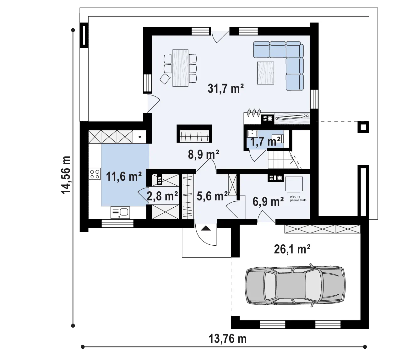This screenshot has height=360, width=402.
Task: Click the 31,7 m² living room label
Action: click(x=225, y=89)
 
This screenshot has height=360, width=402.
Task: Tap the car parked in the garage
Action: click(x=295, y=286)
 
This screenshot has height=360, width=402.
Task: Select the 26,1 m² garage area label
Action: click(x=292, y=249)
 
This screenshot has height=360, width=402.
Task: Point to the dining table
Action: click(x=180, y=68)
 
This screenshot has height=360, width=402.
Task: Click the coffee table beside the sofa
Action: click(x=266, y=73)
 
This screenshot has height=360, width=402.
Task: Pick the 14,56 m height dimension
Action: click(x=66, y=175)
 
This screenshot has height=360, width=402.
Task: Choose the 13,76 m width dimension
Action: click(x=228, y=339)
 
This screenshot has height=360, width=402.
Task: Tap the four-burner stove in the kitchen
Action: click(x=95, y=174)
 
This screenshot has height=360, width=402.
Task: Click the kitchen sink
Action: click(x=120, y=212)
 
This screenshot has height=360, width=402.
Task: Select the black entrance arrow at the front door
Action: click(x=206, y=228)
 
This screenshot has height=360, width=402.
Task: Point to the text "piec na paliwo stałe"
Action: click(x=298, y=199)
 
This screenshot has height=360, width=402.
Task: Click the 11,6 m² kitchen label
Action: click(x=124, y=177)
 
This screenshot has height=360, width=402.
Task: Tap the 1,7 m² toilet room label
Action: click(x=265, y=141)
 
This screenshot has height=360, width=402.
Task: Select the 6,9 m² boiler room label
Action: click(x=268, y=201)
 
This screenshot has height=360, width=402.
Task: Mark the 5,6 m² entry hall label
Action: click(x=212, y=196)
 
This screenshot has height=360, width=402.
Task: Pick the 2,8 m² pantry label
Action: click(x=162, y=196)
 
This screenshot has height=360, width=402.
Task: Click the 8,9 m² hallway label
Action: click(x=204, y=155)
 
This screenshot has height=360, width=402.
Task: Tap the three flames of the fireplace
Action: click(x=254, y=112)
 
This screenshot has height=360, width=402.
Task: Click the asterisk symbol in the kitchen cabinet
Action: click(x=140, y=137)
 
